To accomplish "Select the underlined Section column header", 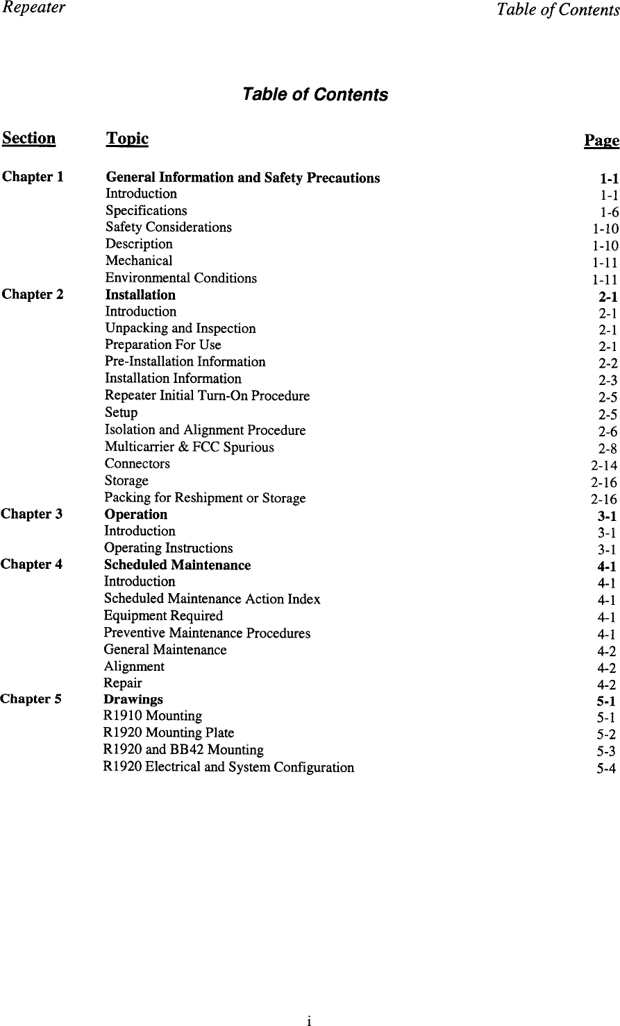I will click(29, 139).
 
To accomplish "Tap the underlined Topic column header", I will click(127, 139).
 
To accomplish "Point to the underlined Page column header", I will click(601, 141).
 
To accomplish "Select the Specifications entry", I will click(146, 210).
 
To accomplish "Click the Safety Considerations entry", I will click(169, 227).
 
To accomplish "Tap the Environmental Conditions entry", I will click(181, 278).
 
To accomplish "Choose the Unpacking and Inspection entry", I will click(180, 328).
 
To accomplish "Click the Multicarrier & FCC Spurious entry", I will click(189, 447).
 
